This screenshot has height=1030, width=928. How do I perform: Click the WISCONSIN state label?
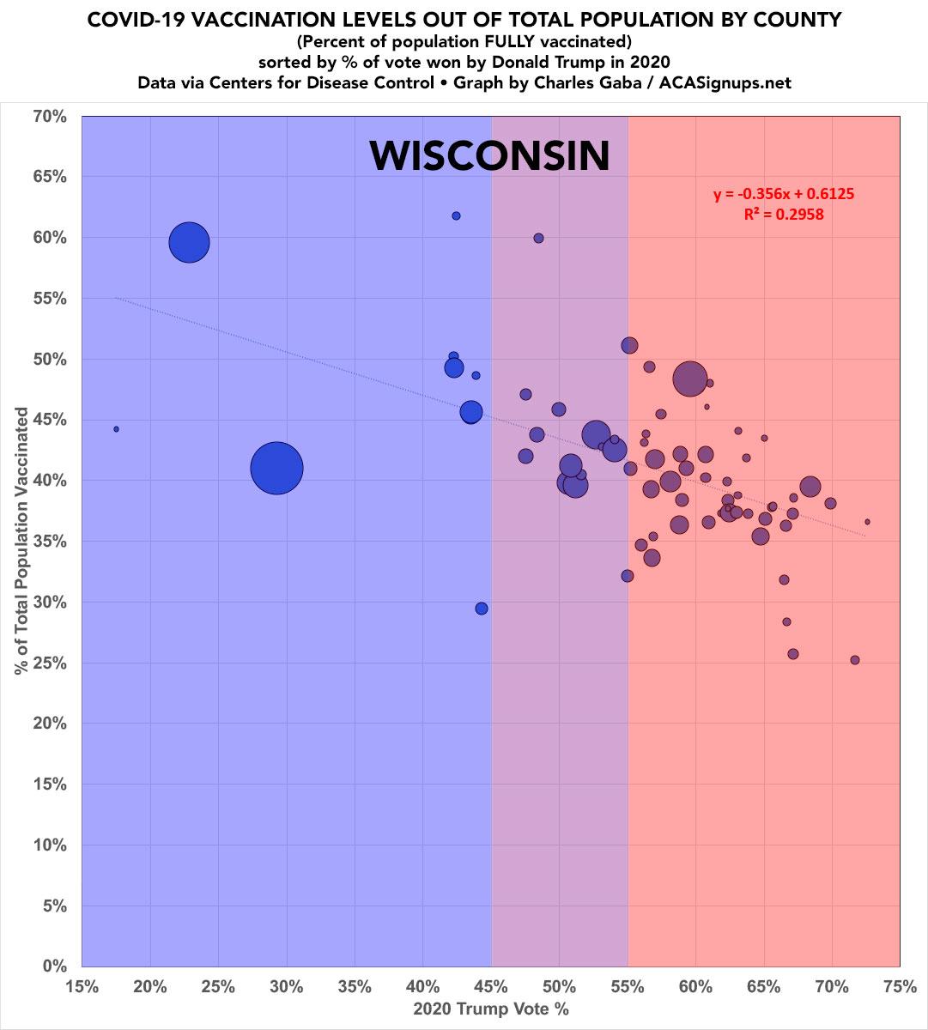click(489, 156)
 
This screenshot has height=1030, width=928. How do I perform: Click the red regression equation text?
click(784, 194)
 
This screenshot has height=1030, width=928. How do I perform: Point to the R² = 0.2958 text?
click(784, 215)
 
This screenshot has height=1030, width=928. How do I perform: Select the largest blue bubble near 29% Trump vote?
click(276, 468)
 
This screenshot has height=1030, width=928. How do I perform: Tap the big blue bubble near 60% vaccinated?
click(190, 242)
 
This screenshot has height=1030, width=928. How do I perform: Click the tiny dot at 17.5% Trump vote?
click(116, 429)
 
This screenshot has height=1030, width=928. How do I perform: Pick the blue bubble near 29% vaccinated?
click(482, 609)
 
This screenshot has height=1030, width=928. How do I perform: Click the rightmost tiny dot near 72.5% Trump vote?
click(867, 522)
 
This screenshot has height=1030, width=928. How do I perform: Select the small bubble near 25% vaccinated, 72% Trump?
click(854, 660)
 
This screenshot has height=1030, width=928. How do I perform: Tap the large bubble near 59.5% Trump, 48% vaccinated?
click(689, 378)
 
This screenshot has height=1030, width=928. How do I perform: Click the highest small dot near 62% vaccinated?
click(456, 215)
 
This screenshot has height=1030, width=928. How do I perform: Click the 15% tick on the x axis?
click(82, 987)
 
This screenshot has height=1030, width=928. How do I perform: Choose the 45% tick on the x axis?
click(491, 987)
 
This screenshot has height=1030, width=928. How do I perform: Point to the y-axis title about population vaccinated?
click(23, 541)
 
